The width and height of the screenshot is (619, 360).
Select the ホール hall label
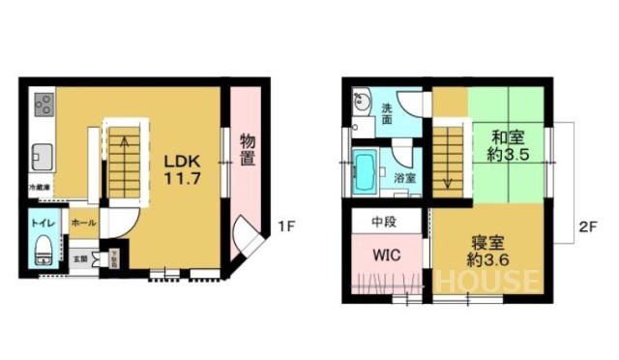83,223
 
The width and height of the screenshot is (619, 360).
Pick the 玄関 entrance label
81,258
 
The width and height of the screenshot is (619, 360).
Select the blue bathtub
368,173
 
